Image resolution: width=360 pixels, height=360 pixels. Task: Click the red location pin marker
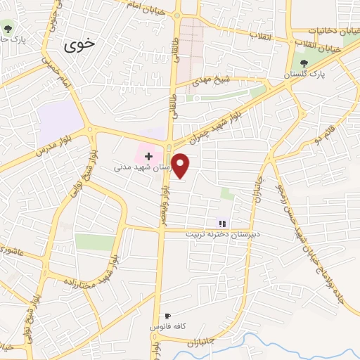(x=181, y=165)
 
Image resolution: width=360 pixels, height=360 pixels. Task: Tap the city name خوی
(x=79, y=46)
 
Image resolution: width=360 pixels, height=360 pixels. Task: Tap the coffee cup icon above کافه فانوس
(x=167, y=316)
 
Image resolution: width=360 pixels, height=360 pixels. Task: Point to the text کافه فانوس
(x=167, y=328)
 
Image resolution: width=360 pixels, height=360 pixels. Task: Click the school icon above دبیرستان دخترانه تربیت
(x=221, y=223)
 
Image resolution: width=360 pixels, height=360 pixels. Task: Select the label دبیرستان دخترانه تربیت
(x=223, y=233)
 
